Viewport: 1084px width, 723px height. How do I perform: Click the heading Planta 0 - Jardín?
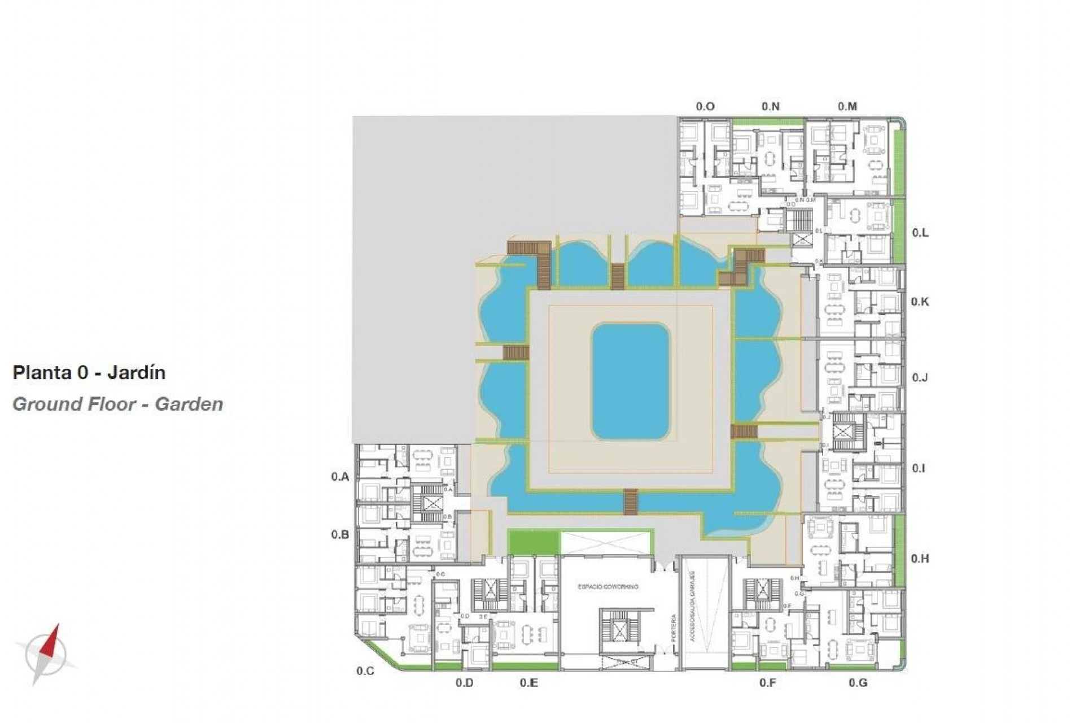(x=89, y=373)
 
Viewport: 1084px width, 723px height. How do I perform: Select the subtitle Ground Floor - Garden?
(x=117, y=404)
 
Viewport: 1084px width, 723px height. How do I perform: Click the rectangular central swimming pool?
(x=631, y=382)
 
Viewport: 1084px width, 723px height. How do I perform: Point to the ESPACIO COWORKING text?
(x=607, y=587)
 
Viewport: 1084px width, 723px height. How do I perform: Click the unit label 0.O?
(x=705, y=106)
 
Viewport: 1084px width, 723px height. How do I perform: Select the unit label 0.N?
(x=770, y=106)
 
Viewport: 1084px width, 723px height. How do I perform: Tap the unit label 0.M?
(x=847, y=106)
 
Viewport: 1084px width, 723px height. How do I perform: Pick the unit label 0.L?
(x=920, y=233)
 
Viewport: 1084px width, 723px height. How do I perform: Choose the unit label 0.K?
(x=920, y=302)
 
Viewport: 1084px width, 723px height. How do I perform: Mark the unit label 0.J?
(x=920, y=377)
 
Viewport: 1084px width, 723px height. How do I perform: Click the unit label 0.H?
(x=920, y=559)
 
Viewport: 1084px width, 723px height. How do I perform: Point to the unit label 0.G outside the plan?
(x=858, y=683)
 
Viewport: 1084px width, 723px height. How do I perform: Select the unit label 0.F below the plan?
(x=767, y=683)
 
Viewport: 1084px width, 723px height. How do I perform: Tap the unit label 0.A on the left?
(x=340, y=477)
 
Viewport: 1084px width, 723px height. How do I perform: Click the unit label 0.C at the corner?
(x=365, y=671)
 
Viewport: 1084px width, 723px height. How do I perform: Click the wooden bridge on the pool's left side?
(x=515, y=354)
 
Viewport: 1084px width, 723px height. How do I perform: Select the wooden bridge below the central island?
(x=631, y=502)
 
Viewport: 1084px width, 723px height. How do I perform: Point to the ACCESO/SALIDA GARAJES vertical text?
(x=692, y=606)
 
